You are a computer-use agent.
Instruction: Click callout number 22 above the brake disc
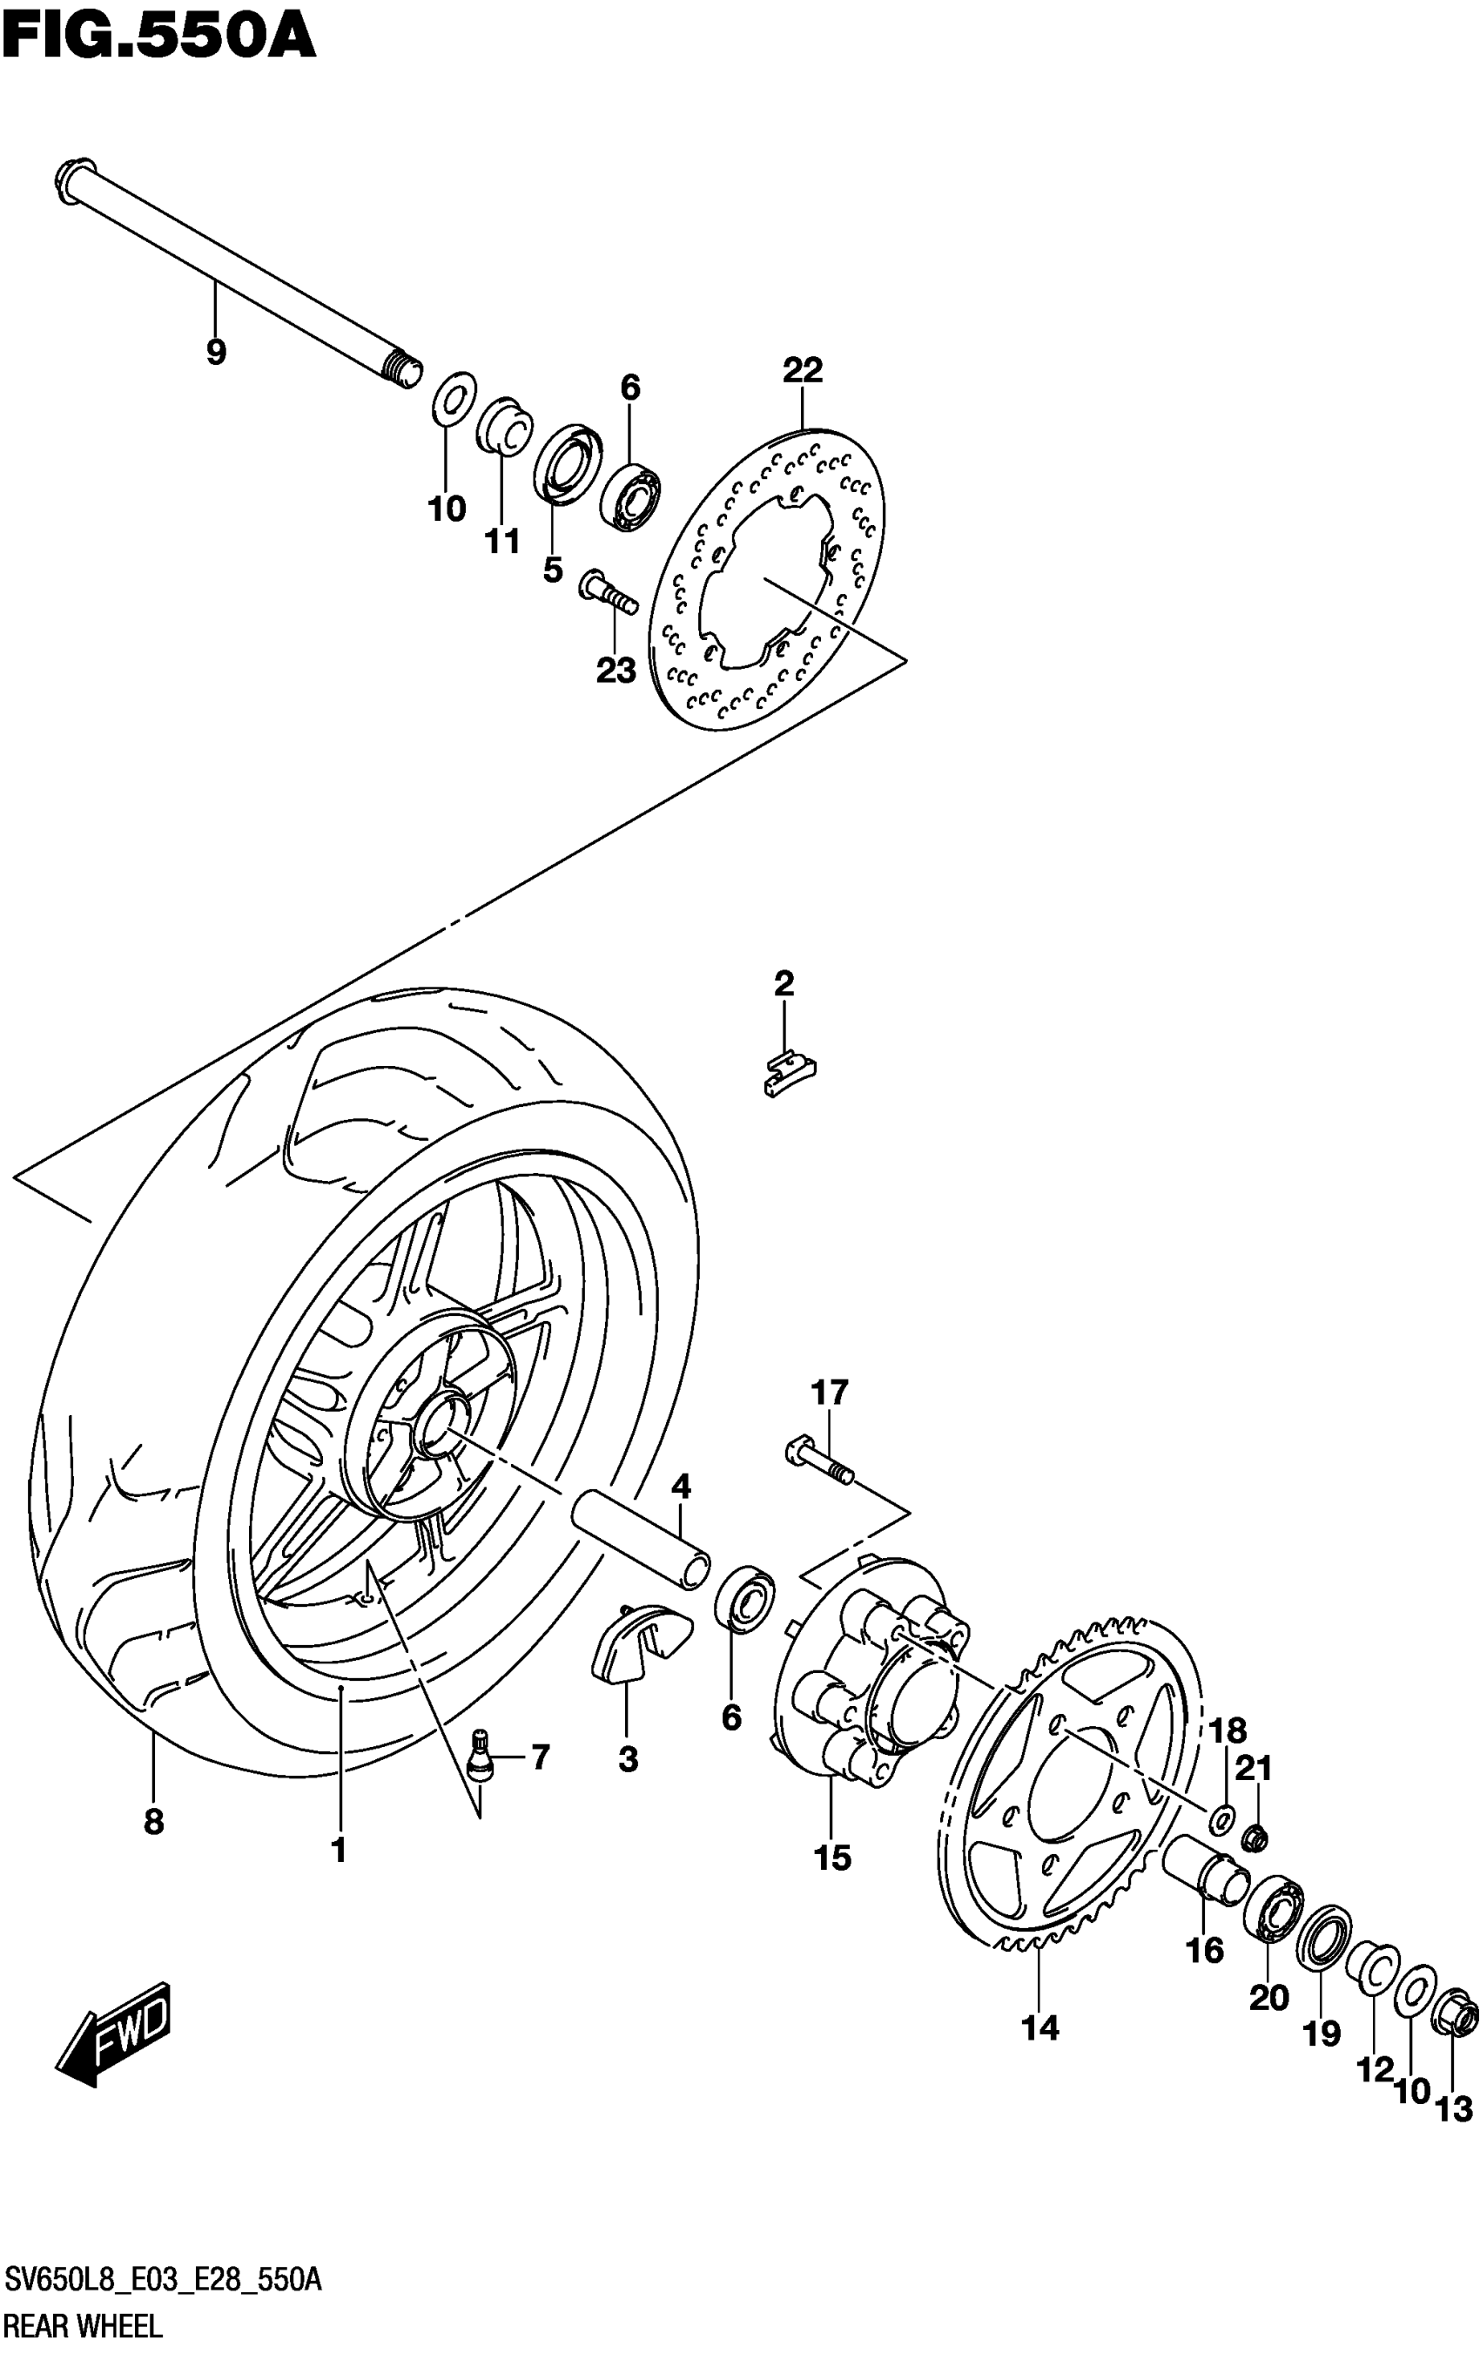point(803,369)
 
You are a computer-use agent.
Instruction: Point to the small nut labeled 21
point(1255,1838)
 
